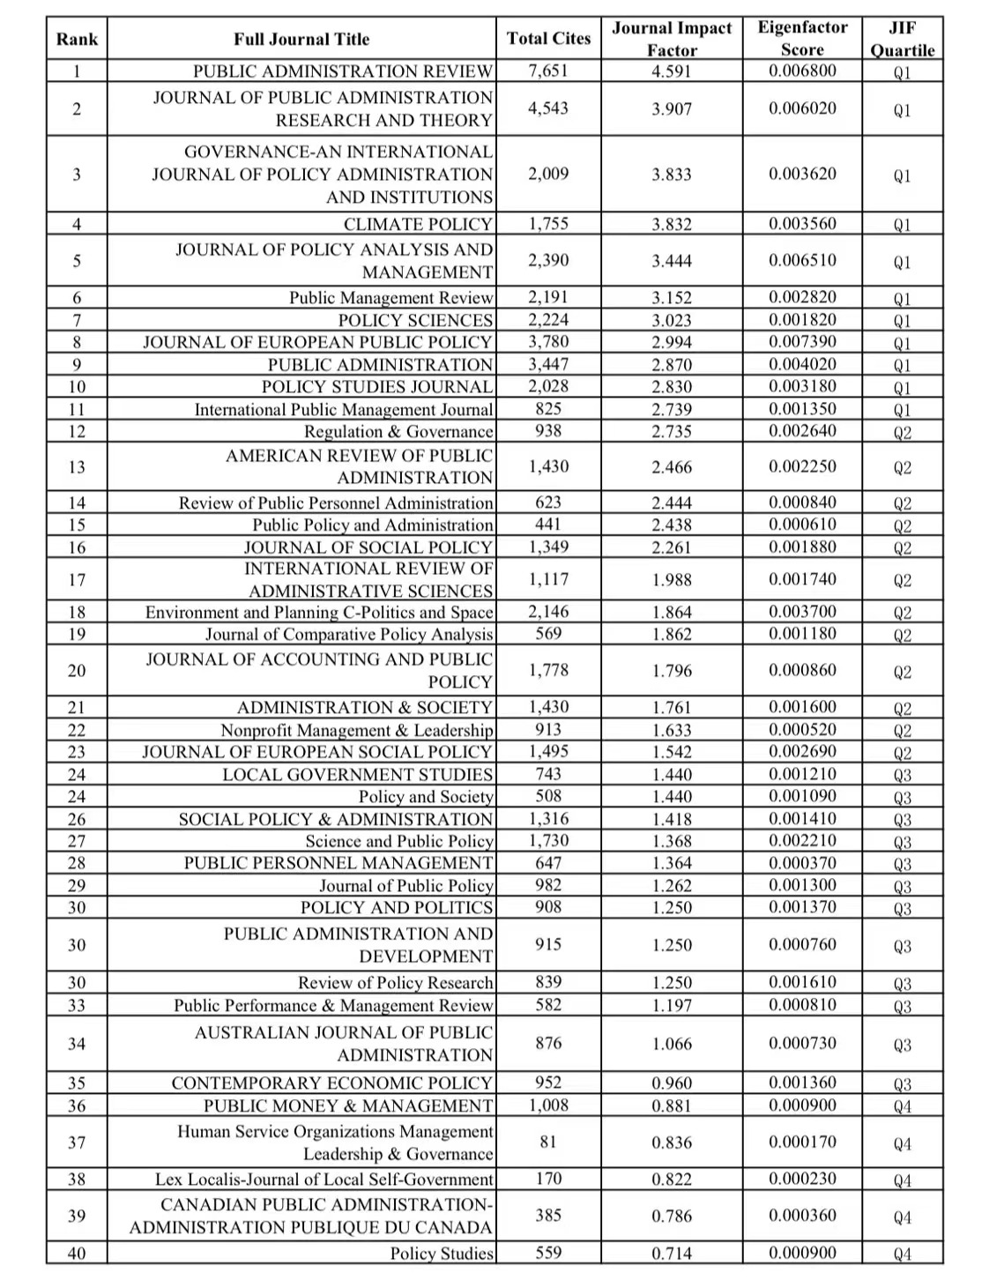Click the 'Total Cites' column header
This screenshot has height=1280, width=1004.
point(548,39)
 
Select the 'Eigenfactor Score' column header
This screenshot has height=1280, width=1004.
point(802,39)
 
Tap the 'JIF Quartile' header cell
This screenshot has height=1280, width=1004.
point(902,39)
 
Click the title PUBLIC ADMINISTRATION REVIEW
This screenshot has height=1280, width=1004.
point(343,71)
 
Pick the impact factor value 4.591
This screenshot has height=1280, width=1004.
point(672,71)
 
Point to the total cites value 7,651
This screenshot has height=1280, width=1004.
point(548,71)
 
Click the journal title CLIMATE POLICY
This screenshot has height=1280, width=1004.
point(418,225)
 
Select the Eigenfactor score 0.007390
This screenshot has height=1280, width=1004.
point(802,342)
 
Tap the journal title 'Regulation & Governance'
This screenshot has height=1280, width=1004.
point(398,432)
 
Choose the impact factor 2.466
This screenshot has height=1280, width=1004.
point(672,467)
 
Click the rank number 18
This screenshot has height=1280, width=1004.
point(77,613)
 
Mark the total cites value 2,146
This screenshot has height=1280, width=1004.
point(548,612)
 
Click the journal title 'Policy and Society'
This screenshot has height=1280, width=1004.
point(426,797)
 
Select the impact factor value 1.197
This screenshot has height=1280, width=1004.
point(672,1006)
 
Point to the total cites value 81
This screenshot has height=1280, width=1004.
point(548,1142)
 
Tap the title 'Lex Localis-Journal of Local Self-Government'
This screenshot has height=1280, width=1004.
point(324,1180)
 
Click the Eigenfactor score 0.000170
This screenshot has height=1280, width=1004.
point(802,1142)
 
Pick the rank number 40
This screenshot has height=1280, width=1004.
point(77,1254)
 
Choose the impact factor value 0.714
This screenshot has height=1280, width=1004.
point(672,1254)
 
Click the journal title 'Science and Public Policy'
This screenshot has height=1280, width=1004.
point(399,842)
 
